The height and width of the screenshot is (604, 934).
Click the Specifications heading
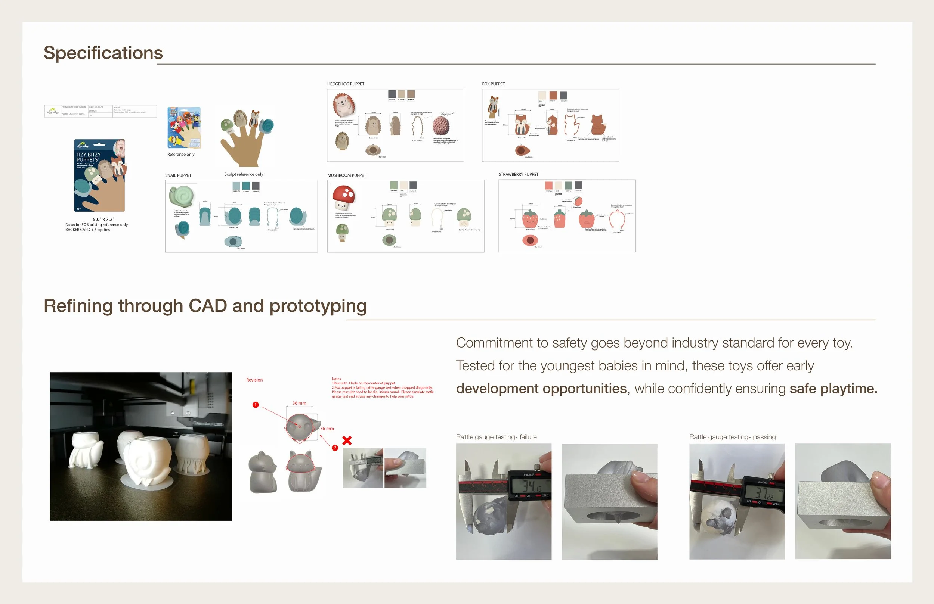[103, 53]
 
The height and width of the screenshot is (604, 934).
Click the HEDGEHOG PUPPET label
[345, 84]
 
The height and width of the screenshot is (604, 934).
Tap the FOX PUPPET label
[493, 84]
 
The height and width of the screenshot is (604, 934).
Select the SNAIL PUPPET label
[178, 175]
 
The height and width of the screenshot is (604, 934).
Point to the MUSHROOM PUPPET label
[347, 175]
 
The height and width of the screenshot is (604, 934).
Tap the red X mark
[347, 440]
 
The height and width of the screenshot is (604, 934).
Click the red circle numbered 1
[256, 405]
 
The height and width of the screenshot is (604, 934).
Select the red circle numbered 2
[335, 448]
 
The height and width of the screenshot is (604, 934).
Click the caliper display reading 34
[531, 486]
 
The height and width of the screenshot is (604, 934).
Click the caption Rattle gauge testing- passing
[732, 437]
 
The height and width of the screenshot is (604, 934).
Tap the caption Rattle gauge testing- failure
[496, 437]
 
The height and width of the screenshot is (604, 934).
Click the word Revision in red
[254, 380]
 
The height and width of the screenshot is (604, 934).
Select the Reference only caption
[180, 155]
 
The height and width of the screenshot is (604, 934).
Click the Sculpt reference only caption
[244, 174]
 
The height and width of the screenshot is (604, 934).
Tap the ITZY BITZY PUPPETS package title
[88, 157]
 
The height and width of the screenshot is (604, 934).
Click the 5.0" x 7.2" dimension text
[103, 219]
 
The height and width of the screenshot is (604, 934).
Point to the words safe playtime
[833, 389]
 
